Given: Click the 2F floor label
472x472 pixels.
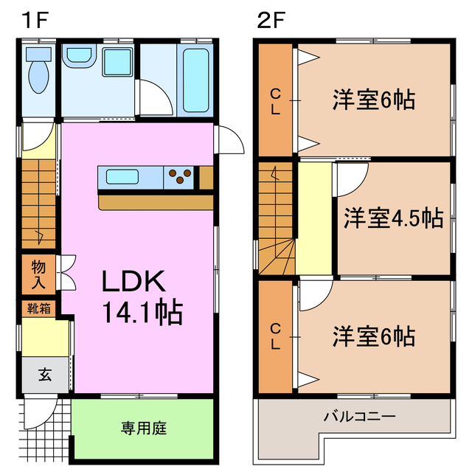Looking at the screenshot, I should pyautogui.click(x=271, y=20).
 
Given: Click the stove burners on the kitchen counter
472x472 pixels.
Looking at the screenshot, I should pyautogui.click(x=180, y=177).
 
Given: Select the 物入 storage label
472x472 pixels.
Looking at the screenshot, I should pyautogui.click(x=38, y=272).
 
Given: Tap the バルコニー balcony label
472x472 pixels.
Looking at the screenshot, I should pyautogui.click(x=359, y=417).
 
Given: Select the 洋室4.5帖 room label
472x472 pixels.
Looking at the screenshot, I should pyautogui.click(x=392, y=218).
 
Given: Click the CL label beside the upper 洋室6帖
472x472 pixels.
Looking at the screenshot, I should pyautogui.click(x=275, y=102).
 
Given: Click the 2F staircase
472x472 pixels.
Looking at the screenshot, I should pyautogui.click(x=277, y=220).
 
